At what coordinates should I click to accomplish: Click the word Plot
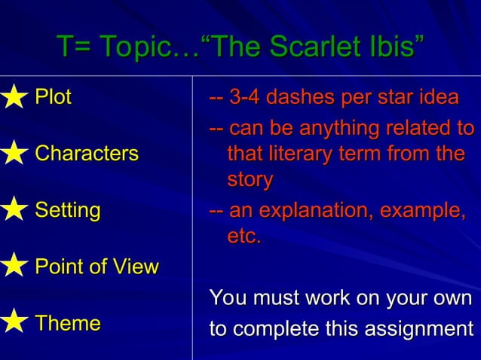click(54, 97)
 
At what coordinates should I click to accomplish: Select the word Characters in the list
click(87, 154)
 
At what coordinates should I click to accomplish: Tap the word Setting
click(68, 210)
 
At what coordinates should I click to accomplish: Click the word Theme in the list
click(68, 323)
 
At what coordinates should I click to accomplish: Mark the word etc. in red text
click(244, 237)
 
